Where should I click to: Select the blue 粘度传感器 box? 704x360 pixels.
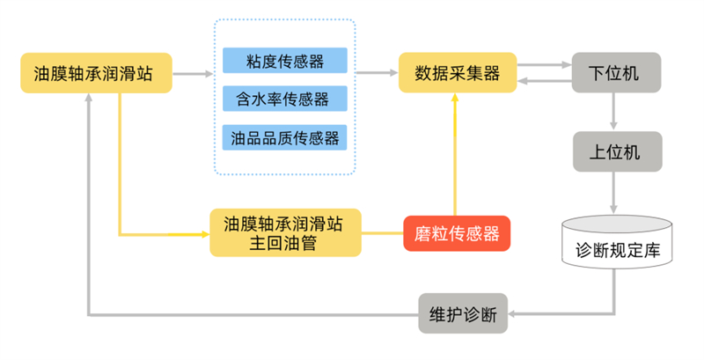pyautogui.click(x=285, y=61)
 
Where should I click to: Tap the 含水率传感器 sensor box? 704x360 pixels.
pyautogui.click(x=285, y=99)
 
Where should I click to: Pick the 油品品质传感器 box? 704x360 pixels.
pyautogui.click(x=285, y=137)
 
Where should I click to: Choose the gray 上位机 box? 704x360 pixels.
pyautogui.click(x=615, y=151)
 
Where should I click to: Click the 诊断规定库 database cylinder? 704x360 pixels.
pyautogui.click(x=615, y=246)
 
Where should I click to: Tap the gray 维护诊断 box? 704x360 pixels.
pyautogui.click(x=463, y=313)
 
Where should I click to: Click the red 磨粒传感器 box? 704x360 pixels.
pyautogui.click(x=456, y=233)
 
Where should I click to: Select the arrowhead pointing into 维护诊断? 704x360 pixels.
pyautogui.click(x=515, y=313)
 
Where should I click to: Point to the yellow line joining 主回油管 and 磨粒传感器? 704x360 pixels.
pyautogui.click(x=382, y=233)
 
